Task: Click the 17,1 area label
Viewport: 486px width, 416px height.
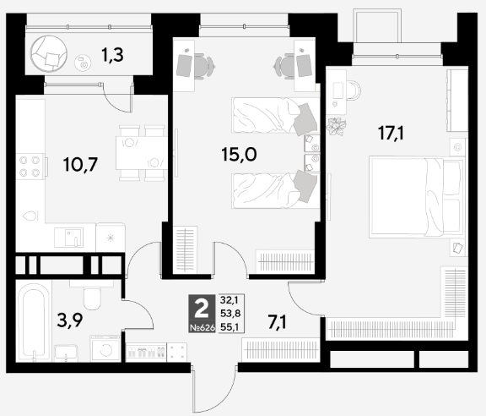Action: [391, 134]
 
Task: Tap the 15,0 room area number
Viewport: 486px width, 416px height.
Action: [239, 154]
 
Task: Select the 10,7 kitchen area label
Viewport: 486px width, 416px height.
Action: [80, 164]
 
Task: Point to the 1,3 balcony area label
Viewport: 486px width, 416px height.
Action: [112, 55]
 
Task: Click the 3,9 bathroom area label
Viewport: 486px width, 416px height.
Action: [70, 320]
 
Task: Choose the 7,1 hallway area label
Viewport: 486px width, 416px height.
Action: [278, 322]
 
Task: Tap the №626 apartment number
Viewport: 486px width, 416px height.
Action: [202, 327]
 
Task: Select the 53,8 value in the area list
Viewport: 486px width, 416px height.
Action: [230, 313]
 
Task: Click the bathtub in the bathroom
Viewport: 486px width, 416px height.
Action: [34, 321]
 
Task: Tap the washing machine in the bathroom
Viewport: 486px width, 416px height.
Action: [105, 348]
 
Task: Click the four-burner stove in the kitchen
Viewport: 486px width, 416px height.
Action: [30, 167]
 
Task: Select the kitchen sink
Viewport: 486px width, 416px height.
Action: [69, 238]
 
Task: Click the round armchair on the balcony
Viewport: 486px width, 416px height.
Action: [49, 53]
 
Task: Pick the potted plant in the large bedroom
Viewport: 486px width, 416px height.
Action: [337, 127]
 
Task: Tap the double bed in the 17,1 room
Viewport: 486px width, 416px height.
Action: [416, 197]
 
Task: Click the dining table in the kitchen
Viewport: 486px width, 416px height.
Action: [142, 153]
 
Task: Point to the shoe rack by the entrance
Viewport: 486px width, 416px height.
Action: [146, 352]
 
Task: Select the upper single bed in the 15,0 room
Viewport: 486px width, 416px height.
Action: [276, 116]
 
